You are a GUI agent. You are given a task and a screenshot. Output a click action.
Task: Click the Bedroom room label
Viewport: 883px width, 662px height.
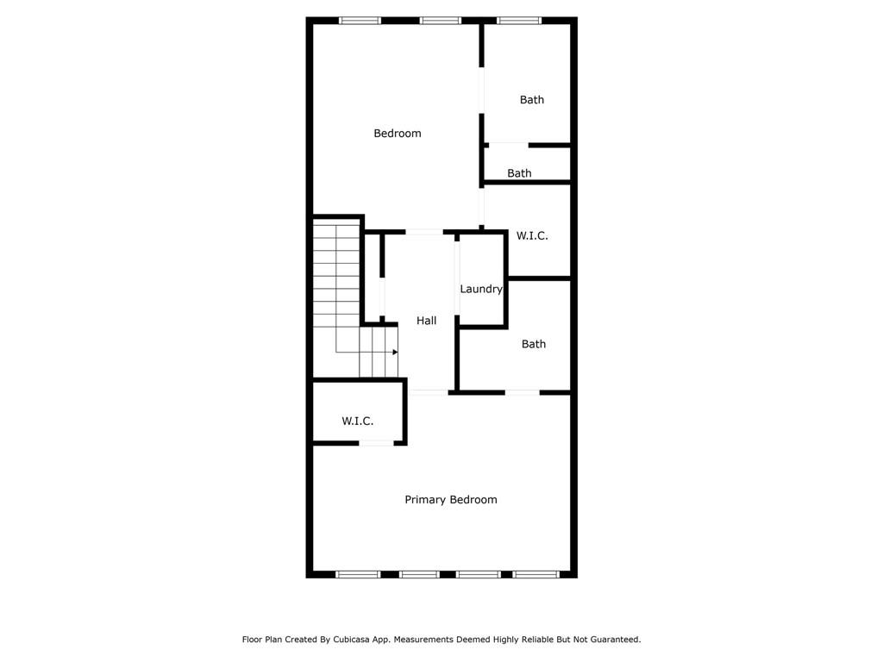coord(397,134)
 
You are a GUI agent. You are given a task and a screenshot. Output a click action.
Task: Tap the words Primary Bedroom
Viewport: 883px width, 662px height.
coord(450,500)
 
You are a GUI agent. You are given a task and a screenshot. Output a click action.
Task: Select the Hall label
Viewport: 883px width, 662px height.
coord(426,321)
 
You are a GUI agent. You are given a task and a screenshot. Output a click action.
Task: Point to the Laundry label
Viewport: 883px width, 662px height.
coord(481,289)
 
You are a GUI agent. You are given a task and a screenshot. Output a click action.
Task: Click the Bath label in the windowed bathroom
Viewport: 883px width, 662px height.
coord(531,100)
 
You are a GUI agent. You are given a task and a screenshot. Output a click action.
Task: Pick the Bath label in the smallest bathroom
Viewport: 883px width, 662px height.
coord(519,172)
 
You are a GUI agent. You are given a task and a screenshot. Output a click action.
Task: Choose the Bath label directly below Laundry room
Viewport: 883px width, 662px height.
coord(533,344)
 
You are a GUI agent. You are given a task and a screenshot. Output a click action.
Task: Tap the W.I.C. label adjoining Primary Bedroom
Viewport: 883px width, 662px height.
coord(357,421)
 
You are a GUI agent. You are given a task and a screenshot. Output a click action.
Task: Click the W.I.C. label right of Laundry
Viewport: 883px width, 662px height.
coord(531,235)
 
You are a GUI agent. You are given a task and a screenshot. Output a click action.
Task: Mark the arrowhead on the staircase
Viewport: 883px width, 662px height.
coord(395,353)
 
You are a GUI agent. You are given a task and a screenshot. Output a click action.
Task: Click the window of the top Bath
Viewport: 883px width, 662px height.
coord(518,21)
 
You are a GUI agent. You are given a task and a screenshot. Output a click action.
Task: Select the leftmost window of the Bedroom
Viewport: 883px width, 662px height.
coord(360,21)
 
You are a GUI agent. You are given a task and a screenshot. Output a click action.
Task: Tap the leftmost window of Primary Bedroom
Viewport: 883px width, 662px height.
coord(358,574)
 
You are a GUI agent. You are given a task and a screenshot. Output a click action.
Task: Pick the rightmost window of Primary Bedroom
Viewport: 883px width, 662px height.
coord(535,574)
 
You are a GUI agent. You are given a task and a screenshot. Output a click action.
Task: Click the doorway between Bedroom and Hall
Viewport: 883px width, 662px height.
coord(424,232)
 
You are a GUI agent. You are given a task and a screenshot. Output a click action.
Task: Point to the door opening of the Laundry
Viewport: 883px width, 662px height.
coord(457,278)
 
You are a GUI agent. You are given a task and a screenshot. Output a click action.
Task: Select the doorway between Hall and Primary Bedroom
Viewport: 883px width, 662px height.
coord(429,392)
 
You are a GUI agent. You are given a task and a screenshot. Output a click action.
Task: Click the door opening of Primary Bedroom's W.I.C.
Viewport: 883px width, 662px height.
coord(376,443)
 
